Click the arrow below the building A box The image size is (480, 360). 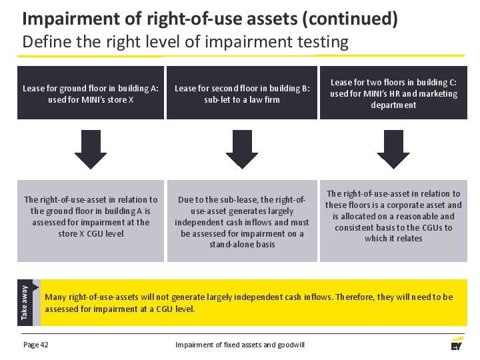(x=91, y=149)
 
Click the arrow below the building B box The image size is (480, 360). (x=242, y=149)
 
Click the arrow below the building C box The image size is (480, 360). (x=393, y=149)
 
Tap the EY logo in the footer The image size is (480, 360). (x=457, y=343)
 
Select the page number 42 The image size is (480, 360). (x=45, y=345)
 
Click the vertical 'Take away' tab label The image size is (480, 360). (x=25, y=303)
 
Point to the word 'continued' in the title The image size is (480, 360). (x=349, y=19)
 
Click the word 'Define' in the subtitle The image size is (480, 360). (x=47, y=41)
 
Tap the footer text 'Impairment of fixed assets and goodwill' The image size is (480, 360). (x=240, y=345)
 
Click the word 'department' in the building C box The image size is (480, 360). (x=393, y=105)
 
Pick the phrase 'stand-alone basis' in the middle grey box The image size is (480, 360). (x=242, y=244)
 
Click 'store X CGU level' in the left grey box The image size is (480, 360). (x=91, y=233)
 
